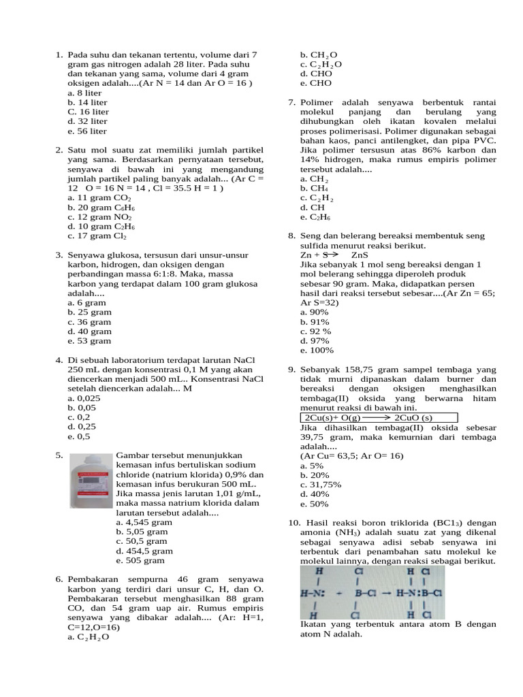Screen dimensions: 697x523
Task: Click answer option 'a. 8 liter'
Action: [x=84, y=93]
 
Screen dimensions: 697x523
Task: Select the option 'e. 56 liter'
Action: [x=87, y=131]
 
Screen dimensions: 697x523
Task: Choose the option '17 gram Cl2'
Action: [x=97, y=236]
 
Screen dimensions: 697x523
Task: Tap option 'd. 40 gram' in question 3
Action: [x=89, y=331]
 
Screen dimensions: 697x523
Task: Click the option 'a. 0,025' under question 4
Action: [x=84, y=398]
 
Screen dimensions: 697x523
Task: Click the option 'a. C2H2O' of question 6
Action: [x=88, y=637]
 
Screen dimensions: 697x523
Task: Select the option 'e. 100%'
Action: [x=317, y=350]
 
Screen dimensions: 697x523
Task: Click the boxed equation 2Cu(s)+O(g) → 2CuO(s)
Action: [x=379, y=417]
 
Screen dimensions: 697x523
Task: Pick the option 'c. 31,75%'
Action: [x=321, y=485]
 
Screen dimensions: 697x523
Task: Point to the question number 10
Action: [x=294, y=522]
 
